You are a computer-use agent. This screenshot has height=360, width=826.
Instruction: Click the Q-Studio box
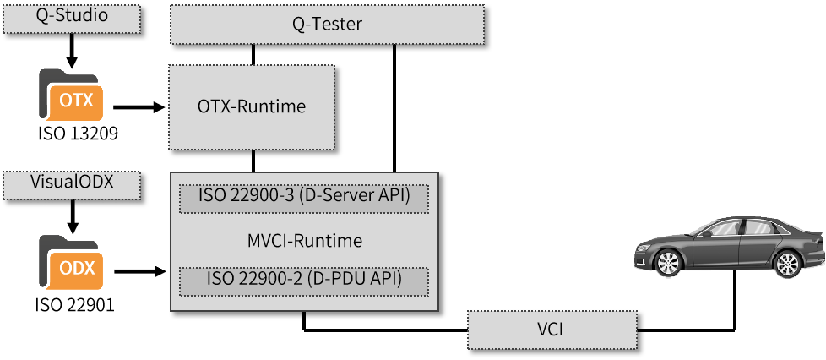72,16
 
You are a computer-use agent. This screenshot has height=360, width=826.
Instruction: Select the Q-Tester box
327,25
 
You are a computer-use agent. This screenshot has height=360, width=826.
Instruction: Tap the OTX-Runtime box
252,107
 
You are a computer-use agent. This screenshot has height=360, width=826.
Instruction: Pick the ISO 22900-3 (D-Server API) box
304,199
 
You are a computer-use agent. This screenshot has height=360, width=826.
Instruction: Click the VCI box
552,330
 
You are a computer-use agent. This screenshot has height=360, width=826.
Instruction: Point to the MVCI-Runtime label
305,241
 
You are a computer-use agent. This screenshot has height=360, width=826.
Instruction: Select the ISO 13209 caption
77,134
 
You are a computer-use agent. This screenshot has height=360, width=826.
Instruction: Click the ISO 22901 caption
74,304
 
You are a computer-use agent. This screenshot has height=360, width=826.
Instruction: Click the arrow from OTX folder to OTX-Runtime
139,107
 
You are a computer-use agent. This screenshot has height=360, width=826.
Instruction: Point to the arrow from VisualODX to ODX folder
73,217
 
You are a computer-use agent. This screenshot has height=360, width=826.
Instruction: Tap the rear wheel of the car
788,264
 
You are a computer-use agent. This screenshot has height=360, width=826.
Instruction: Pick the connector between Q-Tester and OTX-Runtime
253,54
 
